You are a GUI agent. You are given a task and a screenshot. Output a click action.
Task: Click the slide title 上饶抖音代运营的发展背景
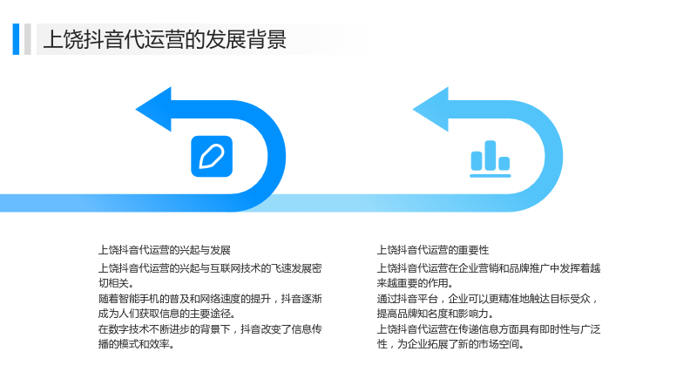[x=165, y=39]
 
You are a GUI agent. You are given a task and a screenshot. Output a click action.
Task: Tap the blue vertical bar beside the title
[x=16, y=39]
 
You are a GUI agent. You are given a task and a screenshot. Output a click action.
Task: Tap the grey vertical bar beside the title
[x=28, y=39]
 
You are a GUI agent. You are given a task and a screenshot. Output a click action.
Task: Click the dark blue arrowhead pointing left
[x=154, y=110]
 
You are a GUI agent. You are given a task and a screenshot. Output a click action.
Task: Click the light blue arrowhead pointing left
[x=431, y=110]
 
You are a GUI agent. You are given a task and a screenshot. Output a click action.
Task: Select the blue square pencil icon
[x=212, y=157]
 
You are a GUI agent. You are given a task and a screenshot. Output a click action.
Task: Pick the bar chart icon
[x=491, y=159]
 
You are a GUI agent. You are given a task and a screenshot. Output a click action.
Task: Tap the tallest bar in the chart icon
[x=491, y=156]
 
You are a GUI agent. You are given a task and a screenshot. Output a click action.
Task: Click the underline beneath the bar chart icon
[x=491, y=176]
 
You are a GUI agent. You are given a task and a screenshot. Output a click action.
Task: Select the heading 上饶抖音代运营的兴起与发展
[x=165, y=250]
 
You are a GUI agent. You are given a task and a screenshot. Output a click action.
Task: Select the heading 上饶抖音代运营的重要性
[x=433, y=250]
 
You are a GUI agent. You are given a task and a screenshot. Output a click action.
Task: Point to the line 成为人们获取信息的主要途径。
[x=166, y=314]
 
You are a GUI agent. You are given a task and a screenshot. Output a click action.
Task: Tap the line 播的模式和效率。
[x=136, y=344]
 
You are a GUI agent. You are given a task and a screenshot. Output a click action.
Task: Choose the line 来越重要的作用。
[x=415, y=283]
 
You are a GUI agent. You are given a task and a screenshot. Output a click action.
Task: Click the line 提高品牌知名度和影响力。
[x=435, y=314]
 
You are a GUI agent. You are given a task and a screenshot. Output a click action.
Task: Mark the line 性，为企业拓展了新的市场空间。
[x=450, y=344]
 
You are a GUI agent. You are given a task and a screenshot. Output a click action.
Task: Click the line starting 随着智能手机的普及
[x=210, y=299]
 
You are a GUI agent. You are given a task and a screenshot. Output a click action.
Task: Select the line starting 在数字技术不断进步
[x=210, y=329]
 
